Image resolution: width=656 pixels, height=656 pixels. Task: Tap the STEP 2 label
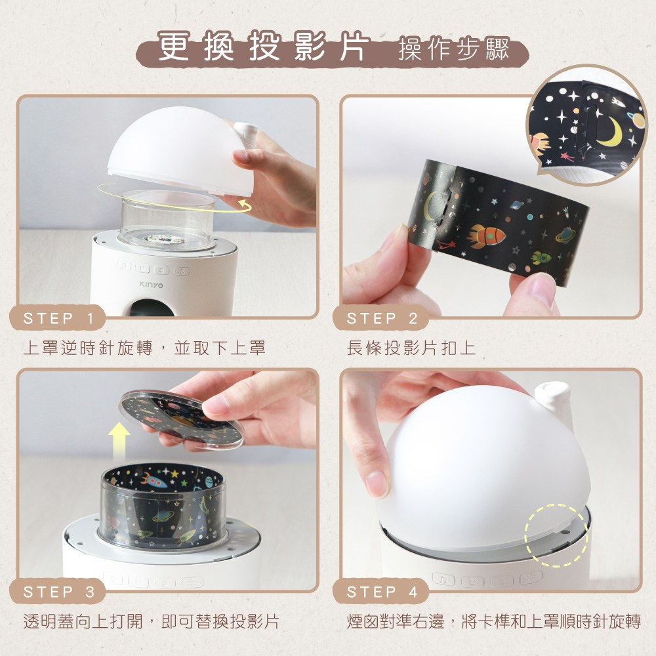pos(382,319)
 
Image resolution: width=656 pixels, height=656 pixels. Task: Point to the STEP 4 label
pos(382,592)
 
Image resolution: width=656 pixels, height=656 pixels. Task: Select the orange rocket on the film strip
pos(486,234)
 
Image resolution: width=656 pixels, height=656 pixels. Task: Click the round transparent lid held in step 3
pos(181,420)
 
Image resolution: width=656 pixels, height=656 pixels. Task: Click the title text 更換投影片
pos(262,49)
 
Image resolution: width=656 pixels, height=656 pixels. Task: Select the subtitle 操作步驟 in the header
pos(453,51)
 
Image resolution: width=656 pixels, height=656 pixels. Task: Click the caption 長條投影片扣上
pos(411,348)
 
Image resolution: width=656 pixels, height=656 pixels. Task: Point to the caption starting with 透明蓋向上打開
pos(151,621)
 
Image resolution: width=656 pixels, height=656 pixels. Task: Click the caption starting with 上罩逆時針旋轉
pos(144,348)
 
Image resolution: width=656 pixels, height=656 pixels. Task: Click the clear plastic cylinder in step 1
pos(167,220)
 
